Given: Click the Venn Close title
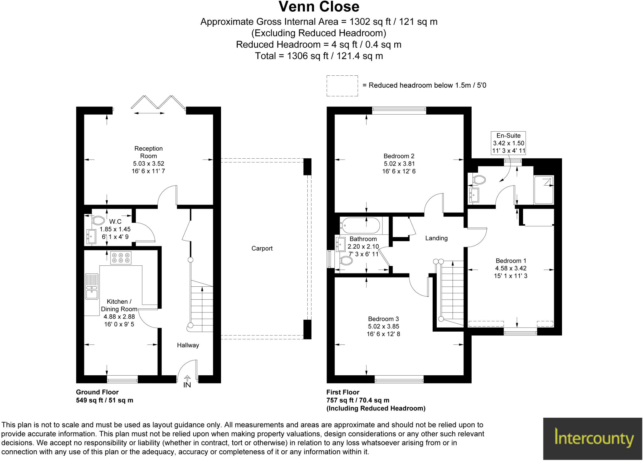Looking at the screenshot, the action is [319, 7].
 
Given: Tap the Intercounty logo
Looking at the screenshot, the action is [593, 438].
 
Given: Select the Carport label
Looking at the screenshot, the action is [262, 248].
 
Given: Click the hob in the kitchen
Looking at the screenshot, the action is [121, 258].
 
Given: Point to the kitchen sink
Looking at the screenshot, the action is [92, 286].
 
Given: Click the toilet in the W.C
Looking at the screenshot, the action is [98, 220].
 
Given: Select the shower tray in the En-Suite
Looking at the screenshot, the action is [544, 190].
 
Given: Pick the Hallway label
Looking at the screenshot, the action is [188, 345].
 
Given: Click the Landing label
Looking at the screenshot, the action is [436, 238].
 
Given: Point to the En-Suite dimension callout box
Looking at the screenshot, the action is [508, 143].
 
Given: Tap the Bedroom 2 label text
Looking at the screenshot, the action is [399, 156].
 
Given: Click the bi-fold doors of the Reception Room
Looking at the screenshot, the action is [158, 102].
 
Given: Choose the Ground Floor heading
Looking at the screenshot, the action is [97, 392].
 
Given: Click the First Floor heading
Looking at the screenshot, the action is [343, 392].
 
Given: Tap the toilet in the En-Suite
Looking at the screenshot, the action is [479, 180].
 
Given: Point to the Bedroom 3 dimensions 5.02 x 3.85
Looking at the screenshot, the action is [383, 327].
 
